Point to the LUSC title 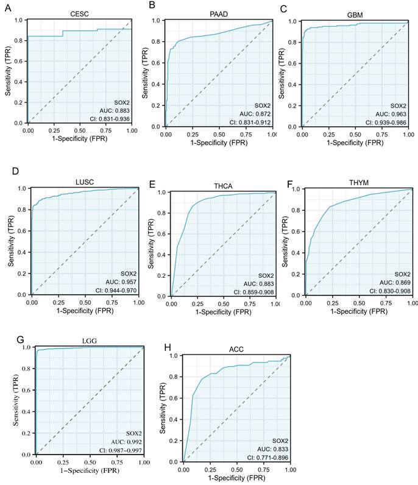[x=83, y=181]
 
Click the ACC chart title [x=236, y=348]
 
